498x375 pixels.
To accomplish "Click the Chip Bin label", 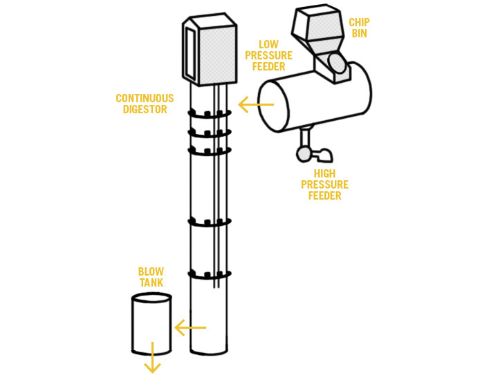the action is point(359,28).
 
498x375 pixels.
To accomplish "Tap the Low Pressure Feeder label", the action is point(268,55).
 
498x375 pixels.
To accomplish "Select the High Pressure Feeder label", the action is point(324,184).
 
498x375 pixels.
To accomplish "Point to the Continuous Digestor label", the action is point(145,104).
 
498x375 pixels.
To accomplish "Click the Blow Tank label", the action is point(151,277).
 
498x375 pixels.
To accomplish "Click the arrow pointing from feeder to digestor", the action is point(256,104).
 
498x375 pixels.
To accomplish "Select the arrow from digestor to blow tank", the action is point(190,327).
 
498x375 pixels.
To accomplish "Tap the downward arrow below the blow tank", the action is point(152,357).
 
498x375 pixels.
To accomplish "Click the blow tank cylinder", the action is point(151,324).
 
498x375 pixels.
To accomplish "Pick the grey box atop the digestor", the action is point(210,50).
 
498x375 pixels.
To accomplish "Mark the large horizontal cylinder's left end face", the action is point(274,106).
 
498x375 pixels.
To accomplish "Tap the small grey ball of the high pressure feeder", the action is point(304,155).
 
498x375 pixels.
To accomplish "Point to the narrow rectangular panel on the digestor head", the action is point(192,53).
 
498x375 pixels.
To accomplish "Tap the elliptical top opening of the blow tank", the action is point(151,298).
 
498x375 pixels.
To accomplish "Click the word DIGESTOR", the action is point(145,109).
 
